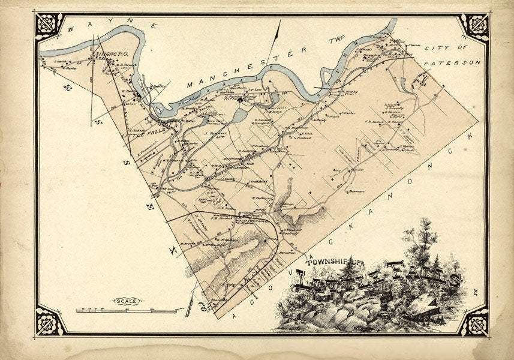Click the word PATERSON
coord(452,62)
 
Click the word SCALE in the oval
coord(126,301)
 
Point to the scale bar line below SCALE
coord(126,311)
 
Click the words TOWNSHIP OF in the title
coord(333,262)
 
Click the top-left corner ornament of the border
coord(49,26)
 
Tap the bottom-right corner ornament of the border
coord(474,321)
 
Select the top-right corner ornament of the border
coord(474,26)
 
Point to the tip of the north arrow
coord(279,20)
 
